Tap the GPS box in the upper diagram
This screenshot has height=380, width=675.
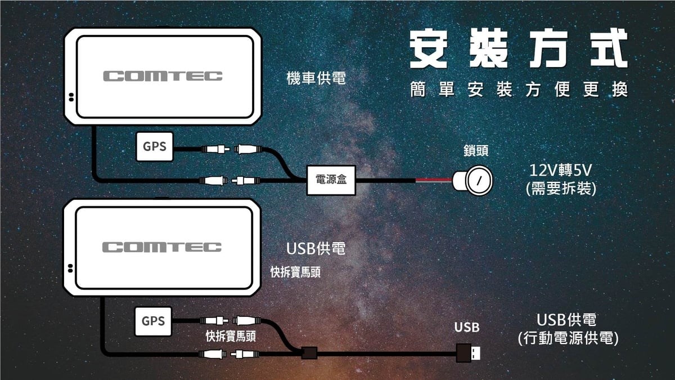154,147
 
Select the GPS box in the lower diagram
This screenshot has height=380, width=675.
154,321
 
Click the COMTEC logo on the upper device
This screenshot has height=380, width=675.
163,76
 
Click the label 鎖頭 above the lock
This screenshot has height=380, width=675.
476,151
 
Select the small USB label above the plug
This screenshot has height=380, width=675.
467,327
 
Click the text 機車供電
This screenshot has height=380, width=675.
316,79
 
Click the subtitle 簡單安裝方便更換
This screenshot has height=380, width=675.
518,90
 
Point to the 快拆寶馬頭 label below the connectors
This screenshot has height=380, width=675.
231,337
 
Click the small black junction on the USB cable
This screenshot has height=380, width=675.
309,354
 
